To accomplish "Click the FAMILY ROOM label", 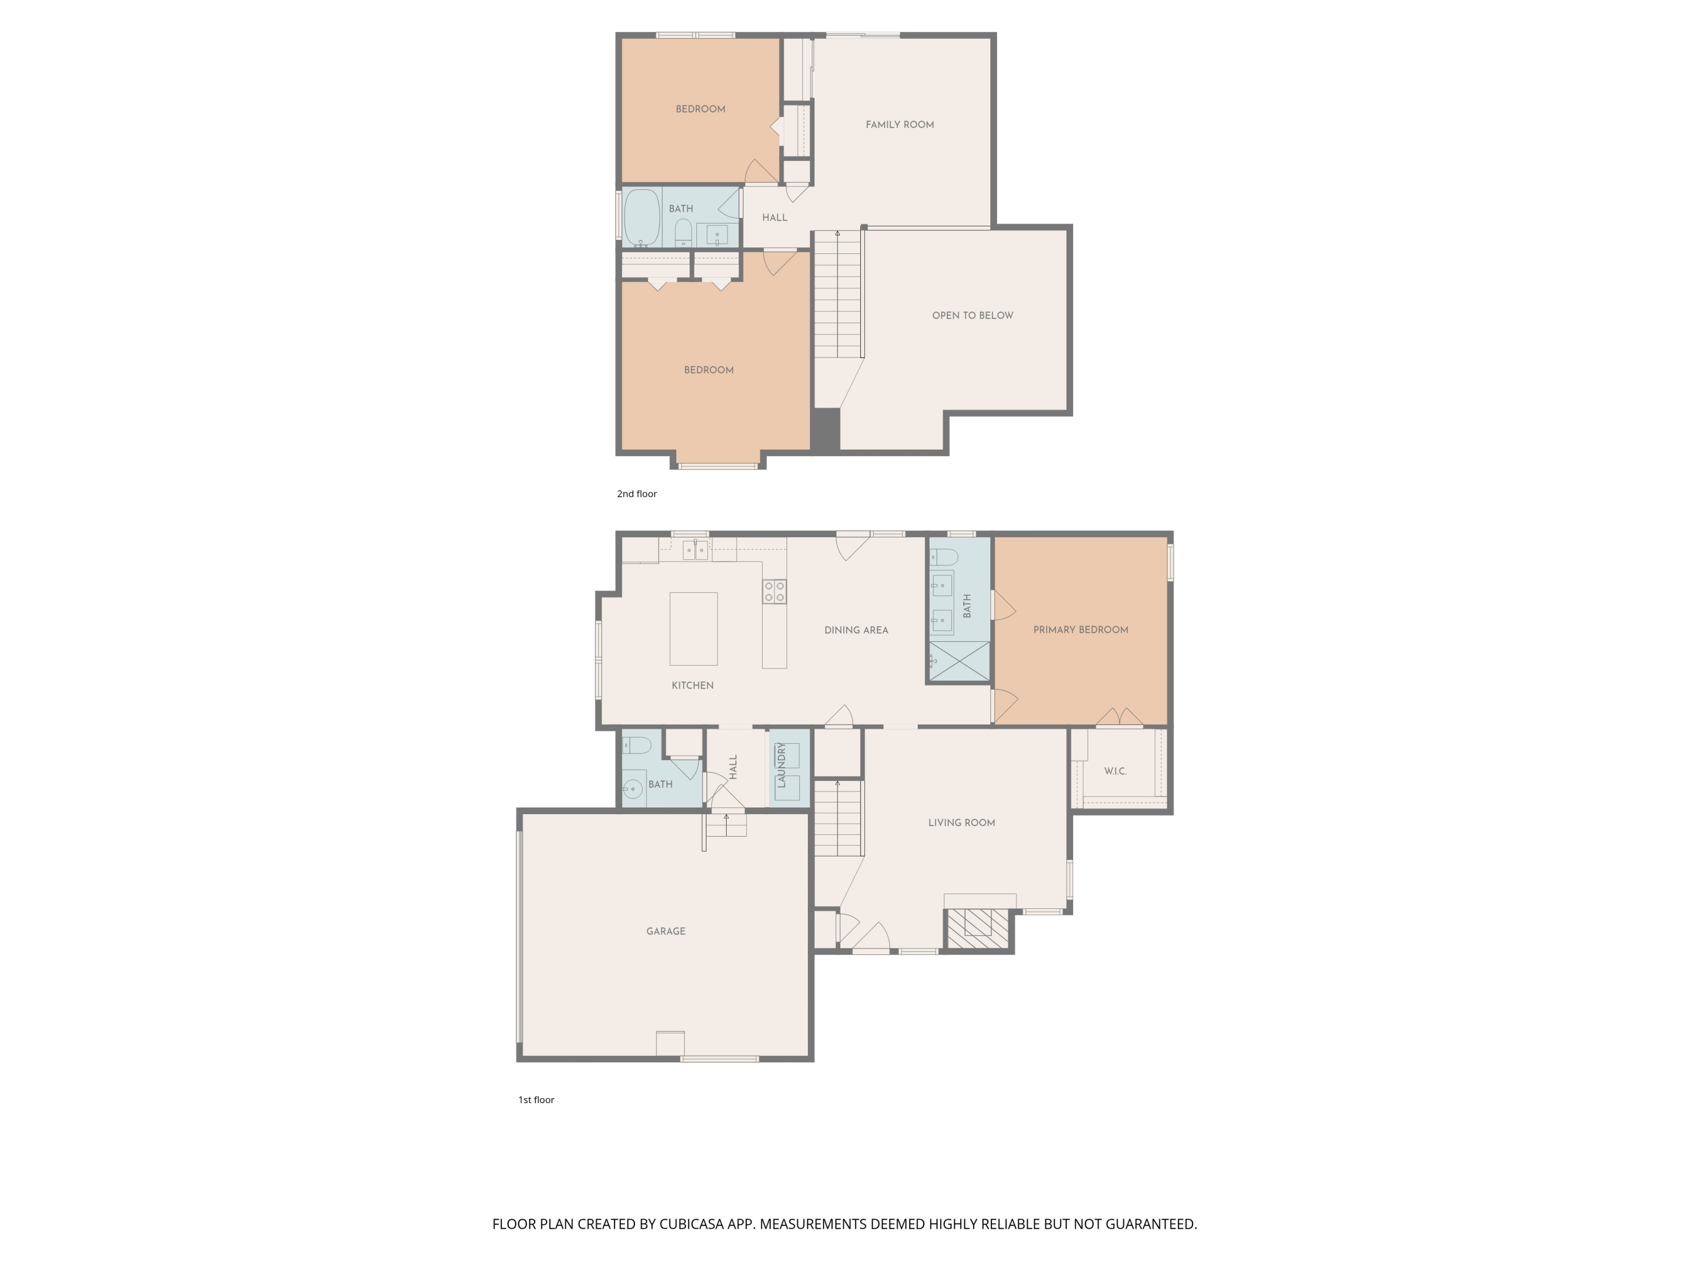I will tap(899, 124).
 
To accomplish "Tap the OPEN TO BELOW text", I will tap(972, 315).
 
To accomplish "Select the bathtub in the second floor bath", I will tap(642, 218).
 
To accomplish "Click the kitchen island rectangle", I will tap(693, 628).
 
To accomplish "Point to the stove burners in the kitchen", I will tap(774, 592).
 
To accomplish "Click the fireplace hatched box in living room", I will tap(977, 929).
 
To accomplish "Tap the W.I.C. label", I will tap(1115, 771).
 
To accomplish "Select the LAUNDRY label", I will tap(781, 766).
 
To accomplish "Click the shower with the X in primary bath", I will tap(959, 661).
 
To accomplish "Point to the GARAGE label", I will tap(665, 931).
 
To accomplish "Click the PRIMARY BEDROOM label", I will tap(1080, 630).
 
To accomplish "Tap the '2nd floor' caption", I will tap(637, 494).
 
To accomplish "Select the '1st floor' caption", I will tap(536, 1100).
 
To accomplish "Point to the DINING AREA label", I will tap(856, 630).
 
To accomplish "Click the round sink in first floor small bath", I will tap(633, 789).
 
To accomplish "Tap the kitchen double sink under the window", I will tap(695, 549).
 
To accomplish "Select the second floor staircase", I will tap(837, 298).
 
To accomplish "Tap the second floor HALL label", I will tap(774, 218).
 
